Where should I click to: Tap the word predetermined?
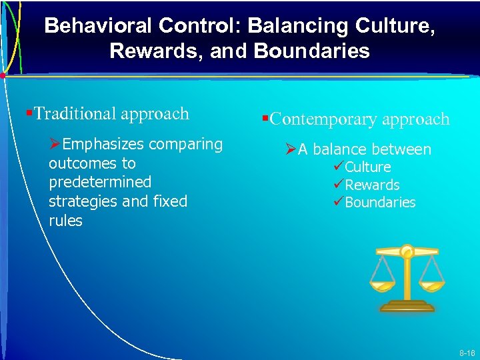click(x=100, y=182)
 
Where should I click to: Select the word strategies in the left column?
click(x=82, y=201)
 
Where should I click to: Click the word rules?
click(x=65, y=221)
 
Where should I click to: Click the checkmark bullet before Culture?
click(x=338, y=167)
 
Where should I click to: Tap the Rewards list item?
click(x=372, y=185)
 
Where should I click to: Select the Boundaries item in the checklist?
click(x=380, y=203)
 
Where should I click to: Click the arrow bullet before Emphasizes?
click(x=55, y=145)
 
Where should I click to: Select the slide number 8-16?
click(x=466, y=352)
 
